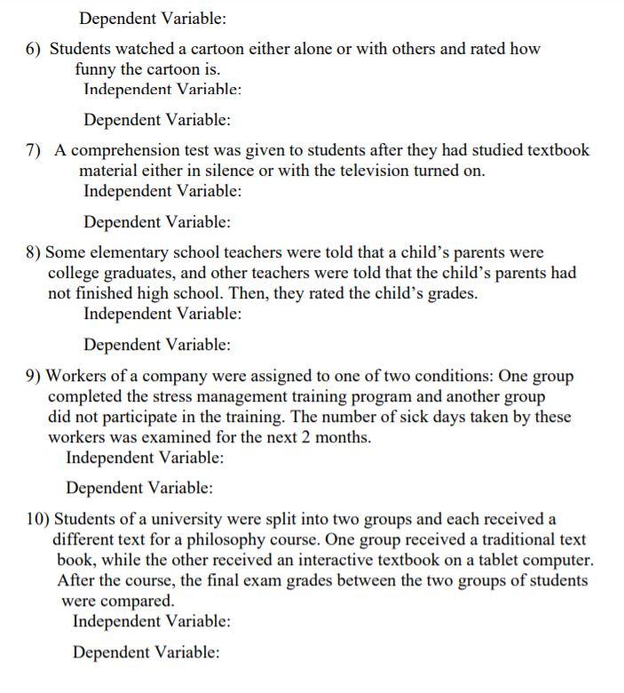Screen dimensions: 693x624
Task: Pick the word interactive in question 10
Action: pos(360,561)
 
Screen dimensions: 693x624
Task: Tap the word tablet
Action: pos(507,561)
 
